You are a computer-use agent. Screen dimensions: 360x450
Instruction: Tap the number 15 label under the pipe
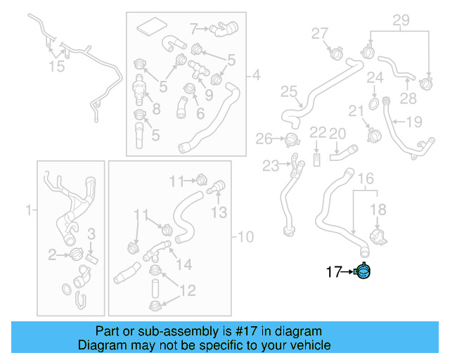click(x=56, y=66)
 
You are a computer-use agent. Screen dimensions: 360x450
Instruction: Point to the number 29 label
click(x=400, y=21)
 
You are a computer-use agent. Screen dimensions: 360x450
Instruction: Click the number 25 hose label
click(x=289, y=91)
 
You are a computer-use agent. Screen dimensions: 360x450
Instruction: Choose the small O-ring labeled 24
click(x=373, y=103)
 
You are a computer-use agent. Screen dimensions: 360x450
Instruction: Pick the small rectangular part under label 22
click(x=318, y=158)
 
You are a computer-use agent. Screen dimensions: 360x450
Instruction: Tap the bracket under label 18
click(x=377, y=236)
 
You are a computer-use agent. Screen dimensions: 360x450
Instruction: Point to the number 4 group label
click(x=256, y=75)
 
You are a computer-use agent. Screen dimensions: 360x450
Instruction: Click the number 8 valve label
click(x=156, y=109)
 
